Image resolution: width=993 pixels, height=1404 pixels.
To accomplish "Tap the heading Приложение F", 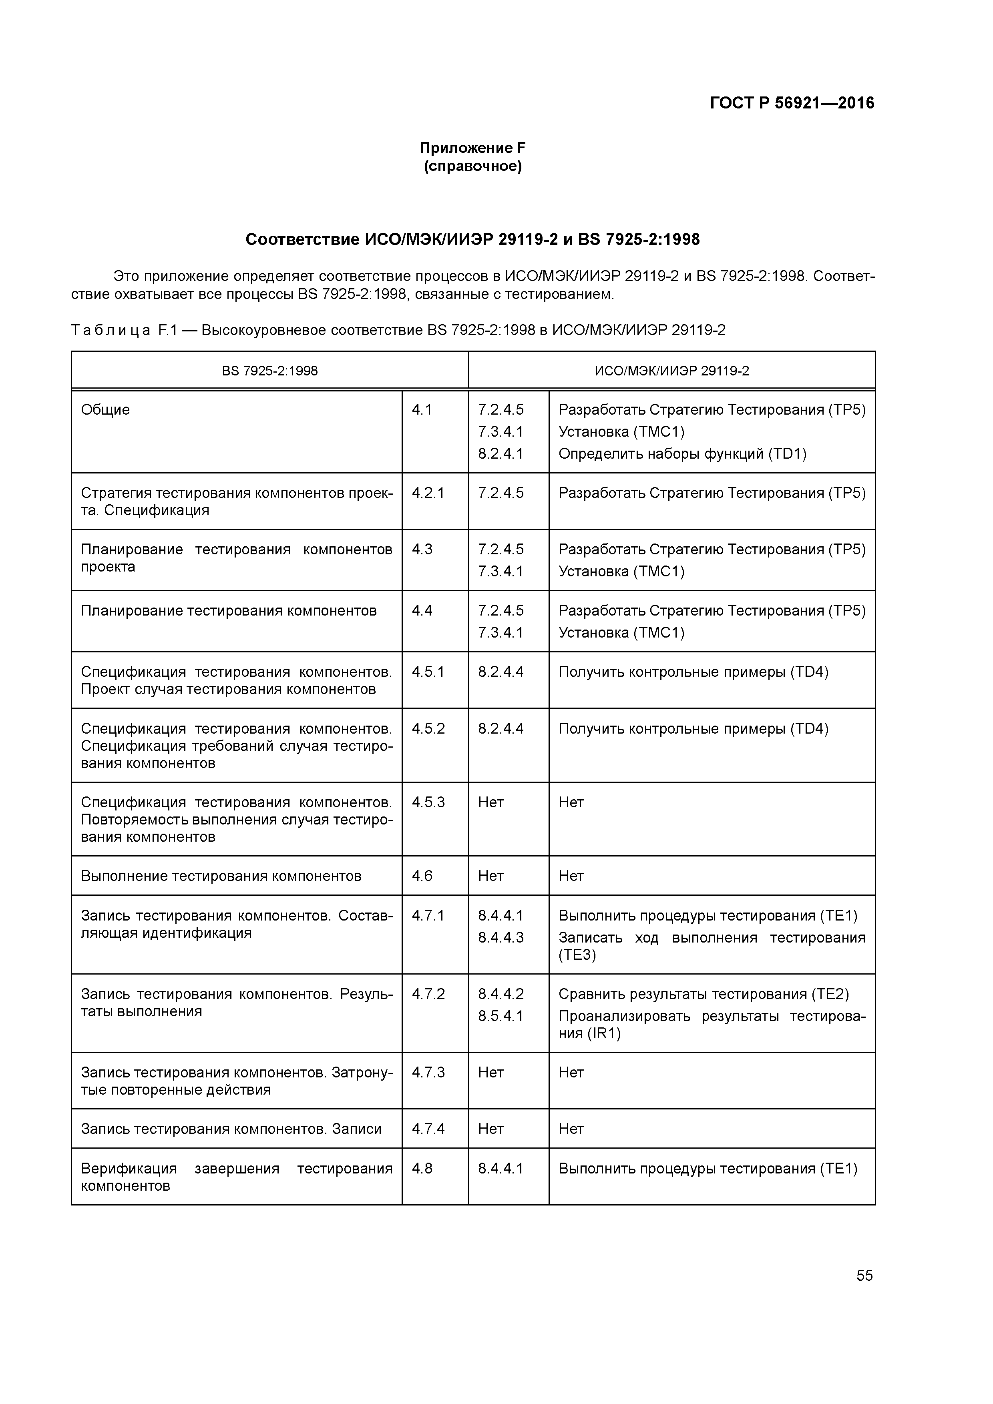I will click(472, 148).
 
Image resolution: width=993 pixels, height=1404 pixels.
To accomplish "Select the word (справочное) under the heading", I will click(472, 166).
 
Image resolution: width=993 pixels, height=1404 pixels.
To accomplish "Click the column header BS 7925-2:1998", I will click(270, 371).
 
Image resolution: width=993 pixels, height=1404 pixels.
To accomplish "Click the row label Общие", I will click(105, 410).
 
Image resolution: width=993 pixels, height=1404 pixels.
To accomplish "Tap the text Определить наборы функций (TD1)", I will click(682, 454).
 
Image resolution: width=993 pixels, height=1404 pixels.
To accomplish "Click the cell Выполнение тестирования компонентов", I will click(221, 876).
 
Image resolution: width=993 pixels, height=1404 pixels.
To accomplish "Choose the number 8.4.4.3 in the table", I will click(501, 937).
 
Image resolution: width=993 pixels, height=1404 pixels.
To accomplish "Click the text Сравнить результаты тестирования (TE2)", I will click(704, 994).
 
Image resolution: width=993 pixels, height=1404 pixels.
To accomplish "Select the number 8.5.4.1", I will click(501, 1016).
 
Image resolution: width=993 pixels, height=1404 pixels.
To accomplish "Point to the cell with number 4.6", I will click(422, 876).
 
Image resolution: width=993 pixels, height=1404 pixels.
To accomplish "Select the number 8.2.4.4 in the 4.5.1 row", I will click(501, 672).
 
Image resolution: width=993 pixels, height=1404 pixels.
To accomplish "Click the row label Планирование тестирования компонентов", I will click(228, 610).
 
